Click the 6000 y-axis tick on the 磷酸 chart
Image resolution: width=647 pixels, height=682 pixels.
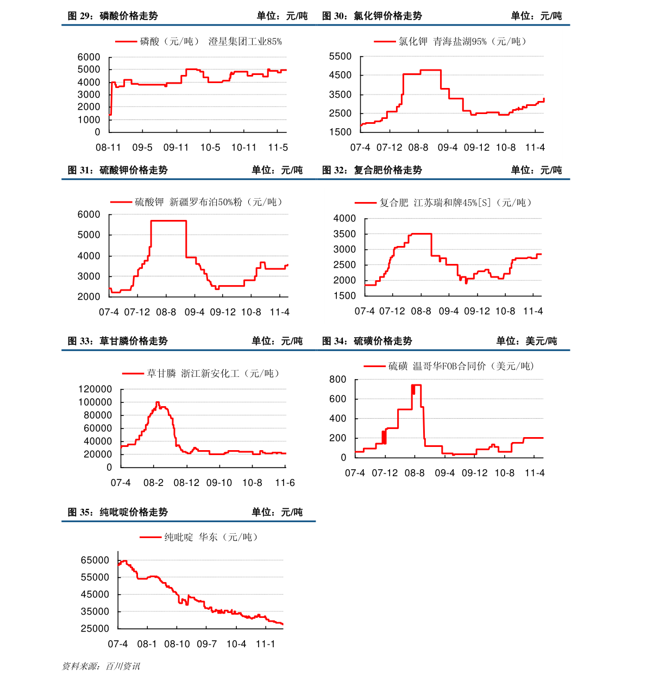pos(89,57)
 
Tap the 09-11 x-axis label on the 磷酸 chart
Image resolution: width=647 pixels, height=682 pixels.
pos(176,148)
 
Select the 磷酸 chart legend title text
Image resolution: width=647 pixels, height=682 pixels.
pos(211,41)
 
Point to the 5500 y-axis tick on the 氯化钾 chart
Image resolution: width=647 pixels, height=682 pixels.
pos(341,56)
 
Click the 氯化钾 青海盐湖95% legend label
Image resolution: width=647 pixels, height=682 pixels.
pos(462,41)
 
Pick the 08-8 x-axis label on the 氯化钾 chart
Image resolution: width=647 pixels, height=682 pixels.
pos(418,148)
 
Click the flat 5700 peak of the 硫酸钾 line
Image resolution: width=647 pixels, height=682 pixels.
pos(168,220)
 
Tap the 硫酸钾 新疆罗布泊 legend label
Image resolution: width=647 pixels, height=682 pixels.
pos(209,202)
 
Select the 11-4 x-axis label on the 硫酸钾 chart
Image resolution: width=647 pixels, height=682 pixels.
pos(280,312)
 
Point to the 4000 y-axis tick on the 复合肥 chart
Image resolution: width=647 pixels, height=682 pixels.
pos(345,218)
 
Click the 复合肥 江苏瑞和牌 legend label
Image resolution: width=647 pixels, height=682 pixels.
pos(455,203)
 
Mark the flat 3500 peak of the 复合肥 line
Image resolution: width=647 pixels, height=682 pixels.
pos(421,233)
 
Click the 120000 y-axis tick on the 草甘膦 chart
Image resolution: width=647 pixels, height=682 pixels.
pos(95,389)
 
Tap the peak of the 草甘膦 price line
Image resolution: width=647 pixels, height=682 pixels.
pos(158,402)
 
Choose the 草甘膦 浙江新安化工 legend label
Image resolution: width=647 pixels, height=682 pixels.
pos(213,374)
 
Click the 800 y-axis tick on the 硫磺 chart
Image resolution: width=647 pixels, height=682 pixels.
pos(338,380)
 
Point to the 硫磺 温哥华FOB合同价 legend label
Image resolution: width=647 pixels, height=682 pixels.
pos(461,367)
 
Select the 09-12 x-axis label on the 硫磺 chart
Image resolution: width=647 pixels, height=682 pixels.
pos(475,473)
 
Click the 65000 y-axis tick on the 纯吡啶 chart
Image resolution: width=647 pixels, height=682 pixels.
pos(95,560)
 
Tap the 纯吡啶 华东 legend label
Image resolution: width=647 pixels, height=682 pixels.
pos(211,537)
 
